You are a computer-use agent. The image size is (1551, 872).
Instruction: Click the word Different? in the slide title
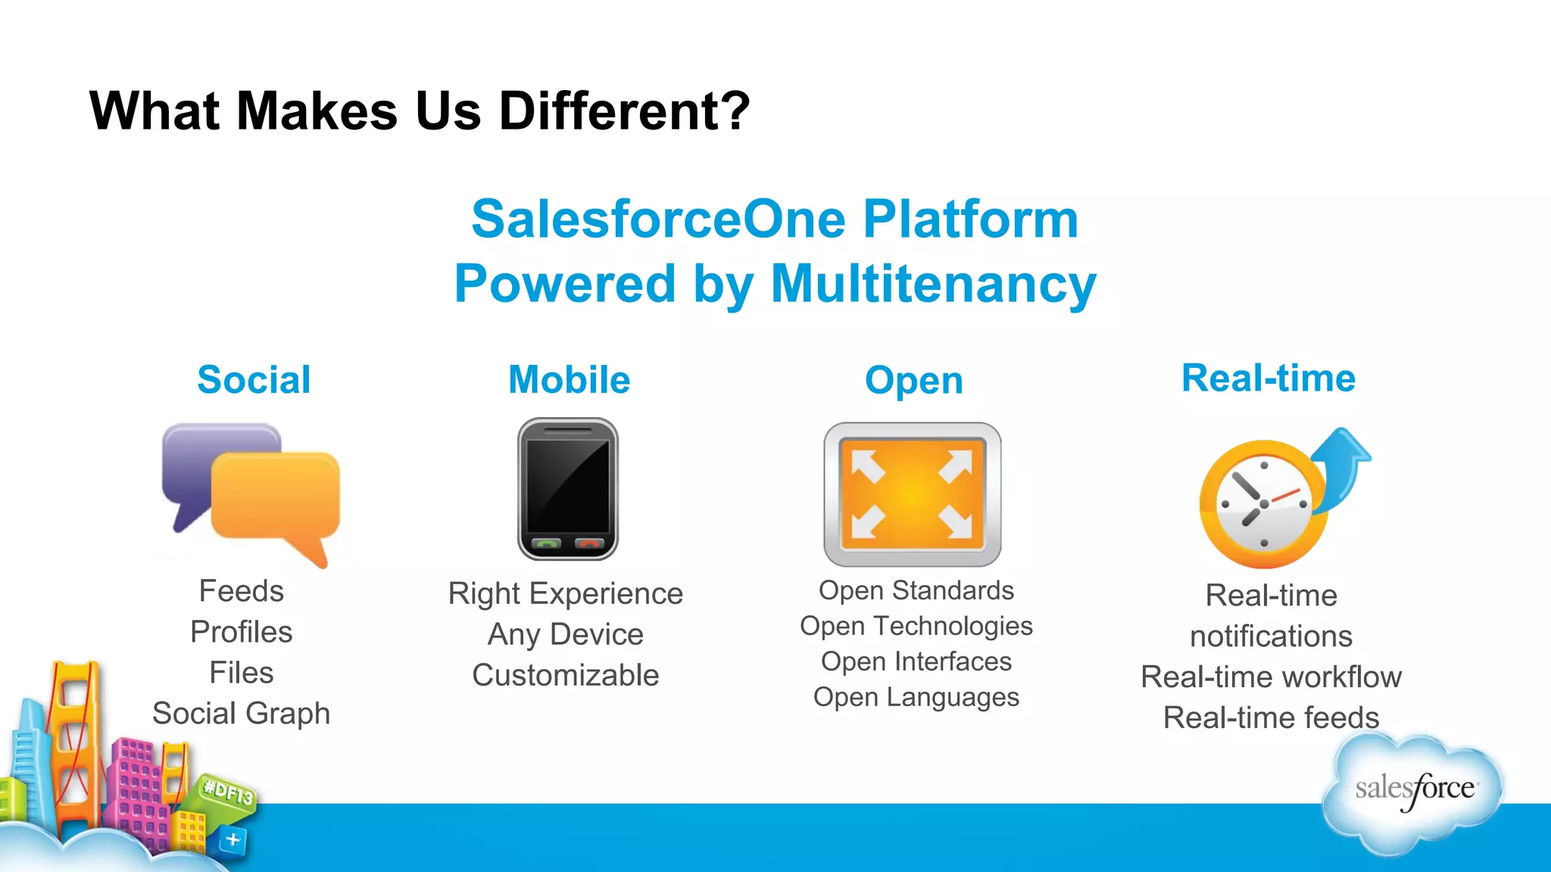(624, 111)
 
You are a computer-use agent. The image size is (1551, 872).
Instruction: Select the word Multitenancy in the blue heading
(933, 284)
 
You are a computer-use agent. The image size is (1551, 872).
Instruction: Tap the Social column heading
(254, 380)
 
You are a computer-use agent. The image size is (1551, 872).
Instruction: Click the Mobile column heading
(569, 380)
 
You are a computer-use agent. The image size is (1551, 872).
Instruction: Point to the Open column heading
(913, 381)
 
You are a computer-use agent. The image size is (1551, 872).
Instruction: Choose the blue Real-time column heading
(1269, 378)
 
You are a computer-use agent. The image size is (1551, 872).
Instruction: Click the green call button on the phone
(546, 543)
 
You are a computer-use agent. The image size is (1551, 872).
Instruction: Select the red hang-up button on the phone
(589, 543)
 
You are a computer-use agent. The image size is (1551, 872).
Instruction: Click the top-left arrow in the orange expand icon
(867, 465)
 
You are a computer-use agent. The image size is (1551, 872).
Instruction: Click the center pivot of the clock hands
(1263, 504)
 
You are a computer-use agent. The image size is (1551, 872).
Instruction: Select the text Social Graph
(241, 714)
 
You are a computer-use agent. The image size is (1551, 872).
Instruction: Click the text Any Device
(565, 634)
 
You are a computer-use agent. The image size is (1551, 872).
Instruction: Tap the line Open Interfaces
(916, 662)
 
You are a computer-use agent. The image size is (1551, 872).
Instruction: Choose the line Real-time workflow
(1271, 677)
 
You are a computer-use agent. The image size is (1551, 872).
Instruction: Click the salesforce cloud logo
(1413, 790)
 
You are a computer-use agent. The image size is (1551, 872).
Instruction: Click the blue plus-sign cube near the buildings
(232, 839)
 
